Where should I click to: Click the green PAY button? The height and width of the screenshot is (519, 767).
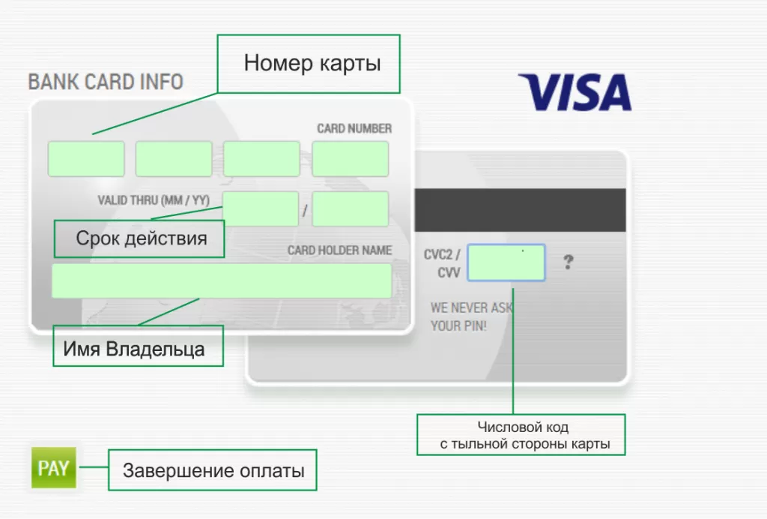coord(54,469)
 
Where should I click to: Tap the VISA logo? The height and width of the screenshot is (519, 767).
coord(575,92)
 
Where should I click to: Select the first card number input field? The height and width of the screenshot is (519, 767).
coord(86,159)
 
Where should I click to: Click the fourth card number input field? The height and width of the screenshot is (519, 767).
coord(351,159)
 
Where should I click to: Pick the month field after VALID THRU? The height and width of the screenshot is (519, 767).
coord(261,208)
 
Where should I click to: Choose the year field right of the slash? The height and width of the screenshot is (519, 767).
coord(351,208)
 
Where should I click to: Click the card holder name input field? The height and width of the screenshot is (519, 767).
coord(222,280)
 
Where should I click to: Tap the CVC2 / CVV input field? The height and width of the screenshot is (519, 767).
coord(506,262)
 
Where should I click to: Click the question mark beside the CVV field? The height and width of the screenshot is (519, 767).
coord(569,262)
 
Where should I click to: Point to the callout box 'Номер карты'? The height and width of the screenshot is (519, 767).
coord(309,64)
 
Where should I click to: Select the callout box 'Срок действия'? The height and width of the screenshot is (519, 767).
coord(140,238)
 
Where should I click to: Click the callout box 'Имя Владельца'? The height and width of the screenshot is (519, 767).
coord(139,346)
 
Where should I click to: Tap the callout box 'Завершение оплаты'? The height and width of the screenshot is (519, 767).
coord(213,470)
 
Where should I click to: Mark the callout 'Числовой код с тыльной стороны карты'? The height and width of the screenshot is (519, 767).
coord(521,435)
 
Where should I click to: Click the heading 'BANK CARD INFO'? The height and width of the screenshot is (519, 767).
coord(106,82)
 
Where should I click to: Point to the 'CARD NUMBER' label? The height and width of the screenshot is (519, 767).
coord(354,128)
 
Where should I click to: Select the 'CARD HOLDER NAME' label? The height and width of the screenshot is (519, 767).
coord(339,250)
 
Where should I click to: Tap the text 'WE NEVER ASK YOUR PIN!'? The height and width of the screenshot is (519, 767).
coord(470,316)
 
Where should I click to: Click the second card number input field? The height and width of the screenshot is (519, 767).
coord(174,159)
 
